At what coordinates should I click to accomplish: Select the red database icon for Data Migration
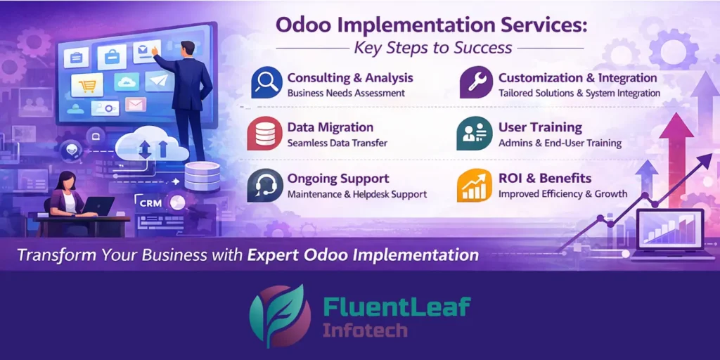[x=264, y=134]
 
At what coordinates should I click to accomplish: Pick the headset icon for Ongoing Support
[x=264, y=185]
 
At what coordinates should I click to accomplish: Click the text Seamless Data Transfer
[x=337, y=143]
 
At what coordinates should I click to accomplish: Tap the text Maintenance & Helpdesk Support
[x=356, y=194]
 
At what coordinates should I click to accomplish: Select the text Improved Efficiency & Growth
[x=562, y=194]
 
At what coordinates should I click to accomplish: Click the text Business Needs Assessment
[x=346, y=93]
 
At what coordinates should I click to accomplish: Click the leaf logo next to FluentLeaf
[x=280, y=316]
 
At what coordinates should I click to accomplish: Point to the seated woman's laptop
[x=98, y=206]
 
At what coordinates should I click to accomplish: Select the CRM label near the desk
[x=151, y=202]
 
